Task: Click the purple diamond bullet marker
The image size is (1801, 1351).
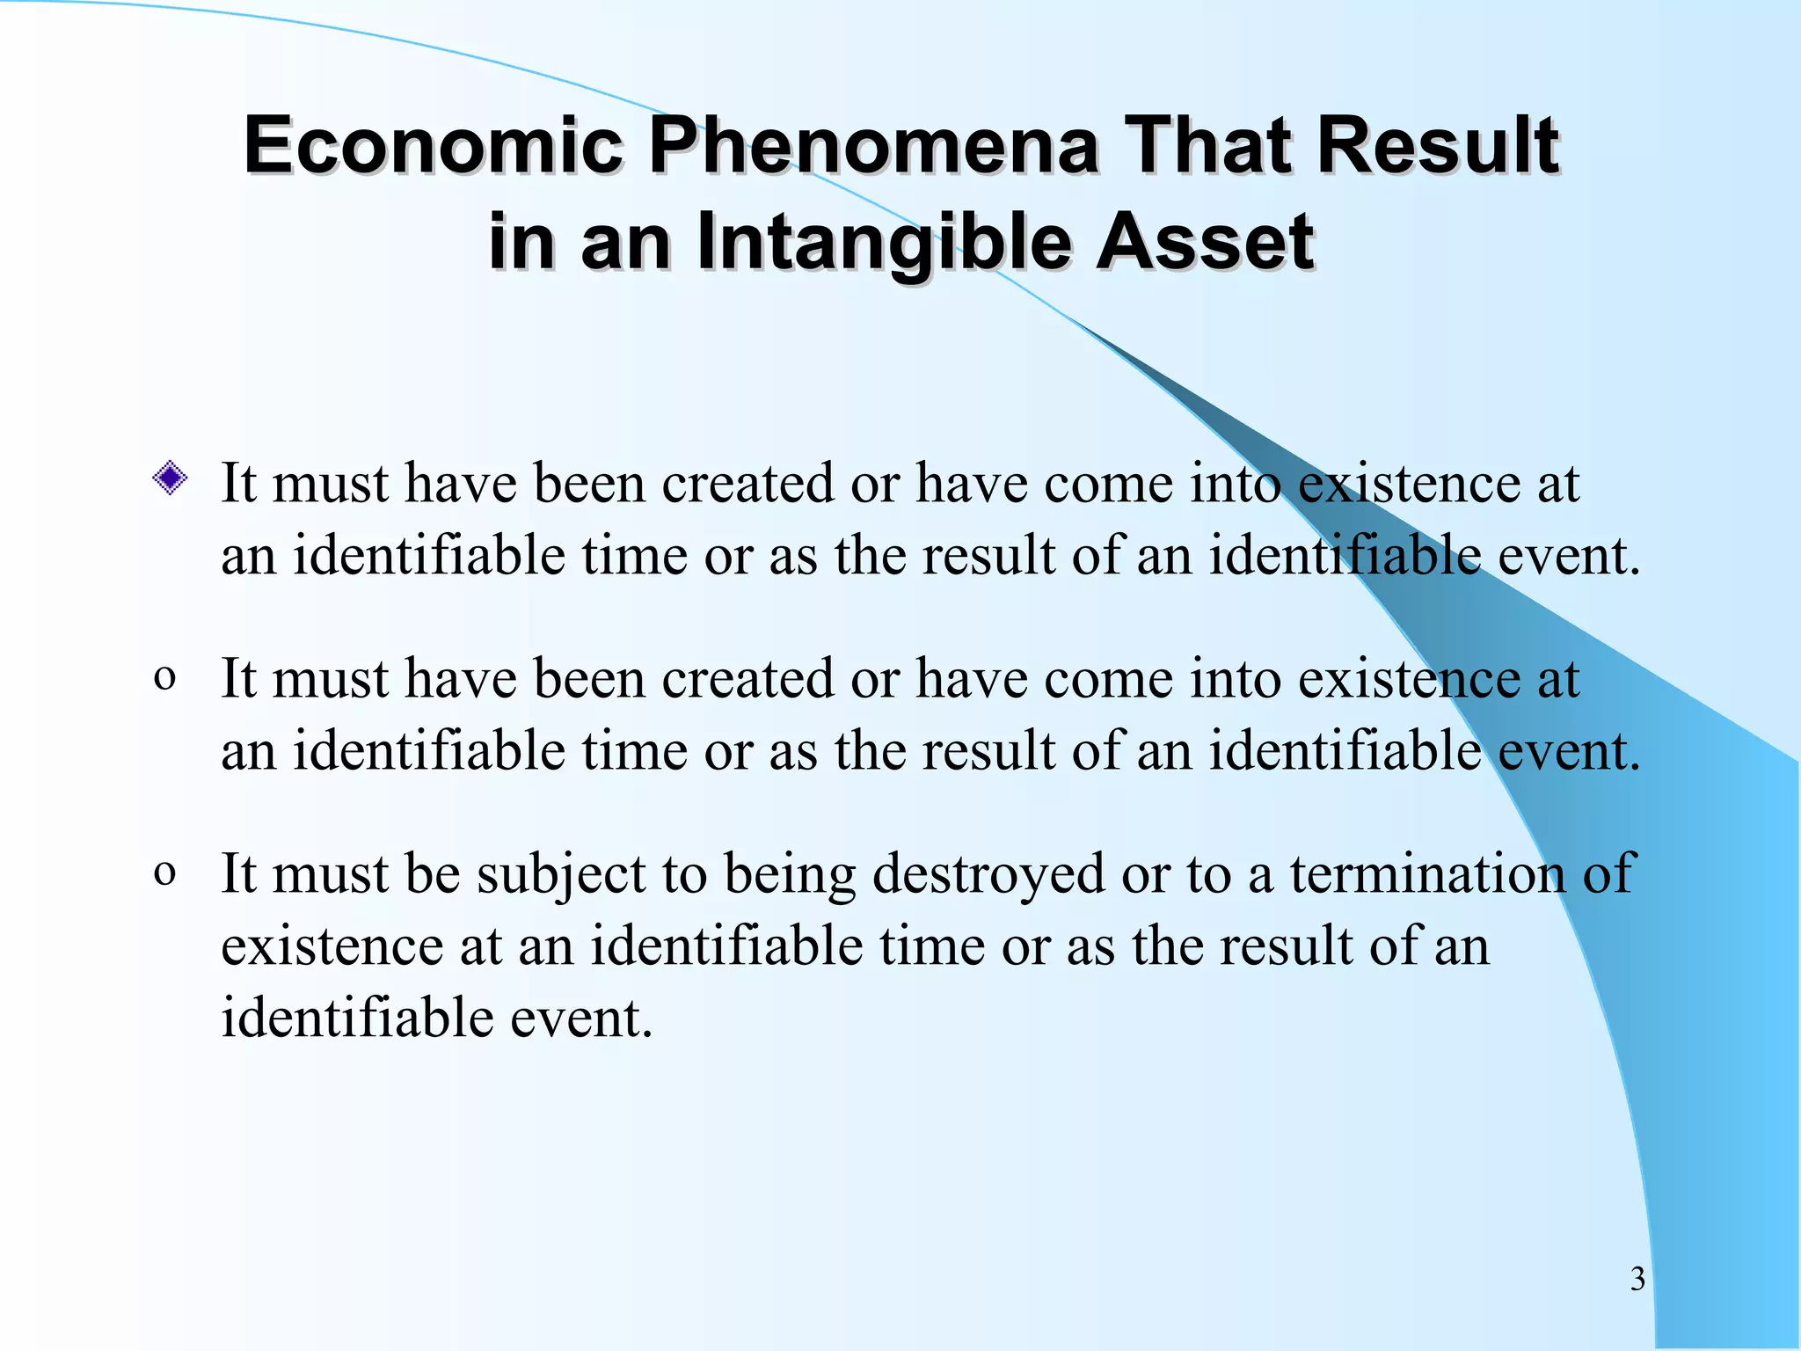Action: click(x=169, y=479)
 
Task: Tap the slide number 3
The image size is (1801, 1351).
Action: click(x=1637, y=1279)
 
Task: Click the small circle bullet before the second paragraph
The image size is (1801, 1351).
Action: click(x=164, y=679)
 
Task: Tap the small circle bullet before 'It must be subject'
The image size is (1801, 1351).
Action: click(x=164, y=874)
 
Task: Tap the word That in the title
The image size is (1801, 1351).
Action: click(x=1210, y=145)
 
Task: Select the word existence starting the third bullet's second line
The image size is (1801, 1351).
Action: click(x=332, y=946)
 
